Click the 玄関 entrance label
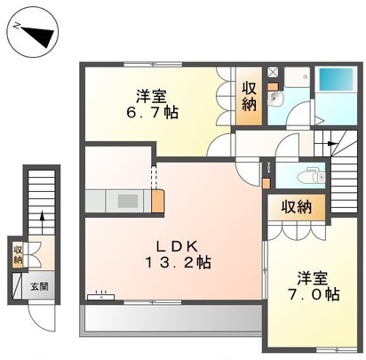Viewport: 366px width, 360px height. [40, 286]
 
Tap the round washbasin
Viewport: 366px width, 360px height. [276, 100]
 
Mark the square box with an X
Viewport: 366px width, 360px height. [273, 74]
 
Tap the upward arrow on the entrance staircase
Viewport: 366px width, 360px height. [42, 217]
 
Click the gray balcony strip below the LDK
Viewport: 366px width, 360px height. [168, 321]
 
